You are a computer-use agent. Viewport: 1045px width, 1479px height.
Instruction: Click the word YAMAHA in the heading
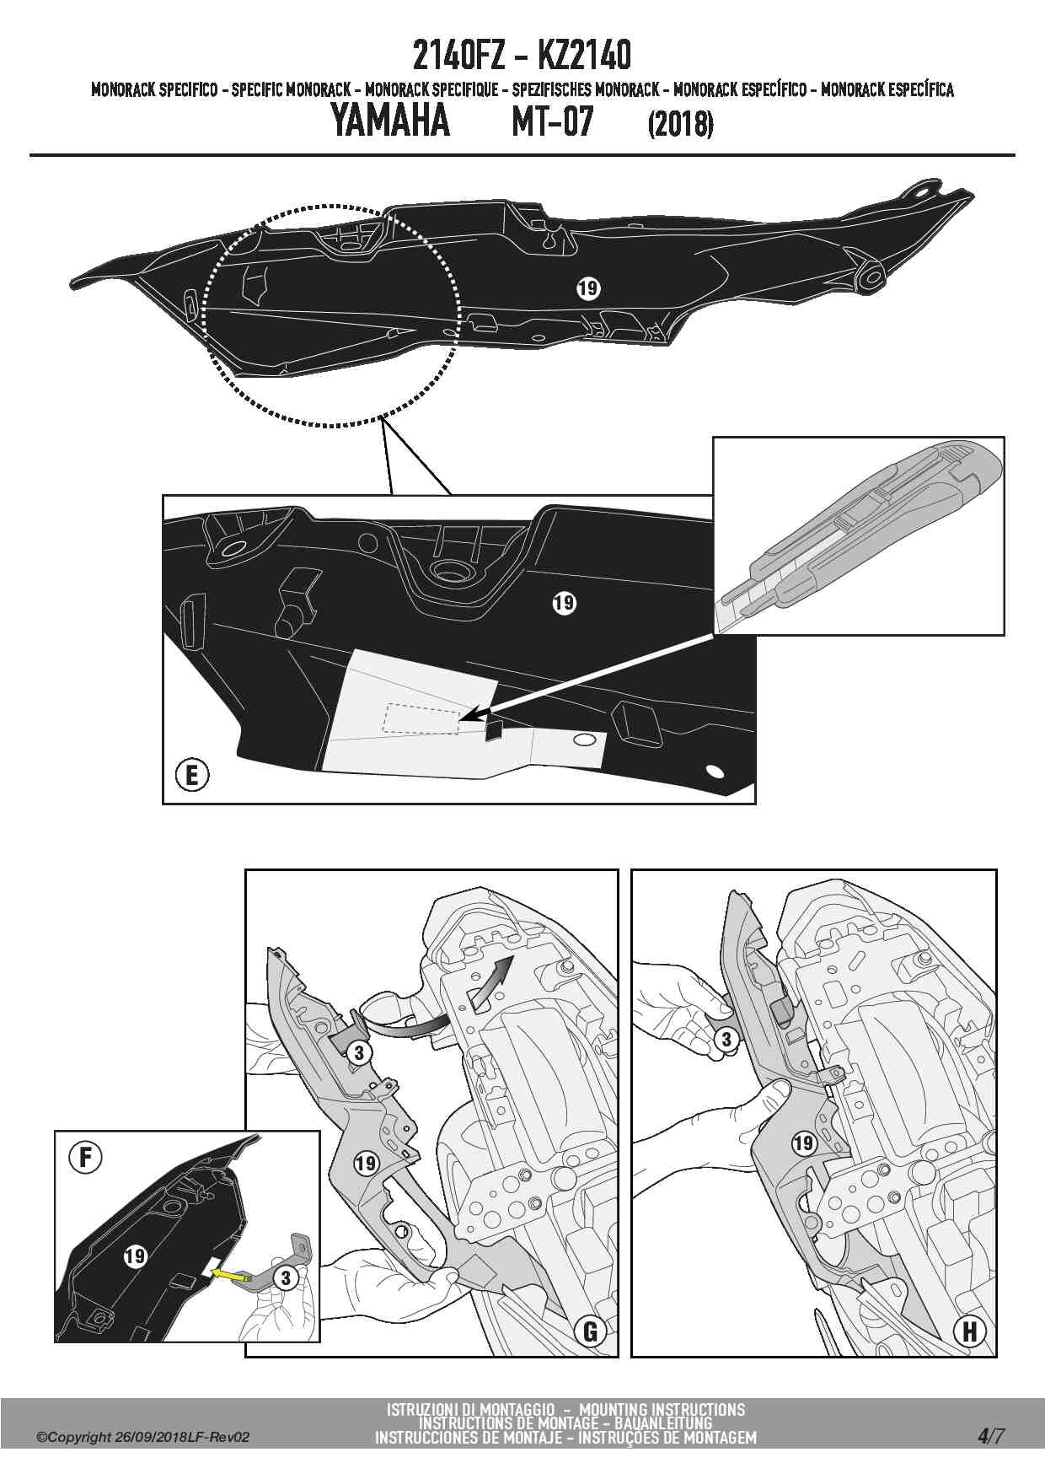[x=389, y=121]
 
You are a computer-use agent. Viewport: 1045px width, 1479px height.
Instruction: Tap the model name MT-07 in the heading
[x=553, y=121]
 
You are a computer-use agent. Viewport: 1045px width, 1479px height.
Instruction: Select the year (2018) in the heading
[x=680, y=125]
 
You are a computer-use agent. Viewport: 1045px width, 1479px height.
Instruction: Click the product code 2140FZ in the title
[x=458, y=56]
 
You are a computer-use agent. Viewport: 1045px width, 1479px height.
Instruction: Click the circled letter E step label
[x=192, y=774]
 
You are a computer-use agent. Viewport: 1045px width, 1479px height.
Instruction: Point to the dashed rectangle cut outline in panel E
[x=421, y=718]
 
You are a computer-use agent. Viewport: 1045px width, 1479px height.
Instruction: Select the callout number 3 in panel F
[x=286, y=1278]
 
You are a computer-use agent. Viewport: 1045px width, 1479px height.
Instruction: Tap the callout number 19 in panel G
[x=365, y=1164]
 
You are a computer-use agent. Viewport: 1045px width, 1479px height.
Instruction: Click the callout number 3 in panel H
[x=726, y=1040]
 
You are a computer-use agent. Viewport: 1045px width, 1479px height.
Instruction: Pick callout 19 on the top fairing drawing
[x=588, y=288]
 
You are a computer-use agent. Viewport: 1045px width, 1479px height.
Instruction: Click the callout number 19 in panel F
[x=135, y=1256]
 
